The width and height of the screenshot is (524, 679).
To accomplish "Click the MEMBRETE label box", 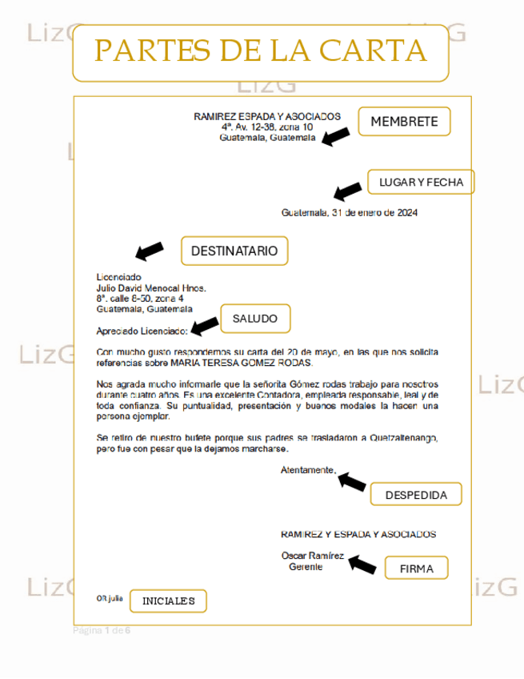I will click(x=404, y=122).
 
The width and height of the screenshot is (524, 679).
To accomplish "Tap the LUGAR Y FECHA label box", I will click(x=421, y=183).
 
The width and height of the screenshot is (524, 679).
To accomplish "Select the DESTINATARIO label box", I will click(x=234, y=251).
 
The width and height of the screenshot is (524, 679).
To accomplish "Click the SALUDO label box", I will click(x=254, y=319).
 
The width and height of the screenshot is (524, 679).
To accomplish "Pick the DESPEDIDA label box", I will click(x=416, y=494).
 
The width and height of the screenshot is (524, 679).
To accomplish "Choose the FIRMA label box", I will click(x=416, y=569).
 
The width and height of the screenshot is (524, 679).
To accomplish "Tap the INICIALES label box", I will click(x=168, y=601).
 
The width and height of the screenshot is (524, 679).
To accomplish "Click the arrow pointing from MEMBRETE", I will click(x=336, y=136).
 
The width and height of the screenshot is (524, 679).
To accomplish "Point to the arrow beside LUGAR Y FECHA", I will click(x=348, y=191).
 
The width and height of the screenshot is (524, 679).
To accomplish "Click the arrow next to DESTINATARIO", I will click(x=150, y=251).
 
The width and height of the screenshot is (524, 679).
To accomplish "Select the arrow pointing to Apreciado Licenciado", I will click(x=206, y=324).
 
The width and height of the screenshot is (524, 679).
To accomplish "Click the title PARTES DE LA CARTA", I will click(x=260, y=52).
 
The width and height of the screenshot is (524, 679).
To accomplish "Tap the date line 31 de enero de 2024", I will click(x=350, y=213).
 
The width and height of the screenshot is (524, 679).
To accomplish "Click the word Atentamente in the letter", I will click(x=308, y=470).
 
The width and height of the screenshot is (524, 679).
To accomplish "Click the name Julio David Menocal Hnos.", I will click(x=151, y=287).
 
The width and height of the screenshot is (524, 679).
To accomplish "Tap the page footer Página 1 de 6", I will click(x=102, y=630).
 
